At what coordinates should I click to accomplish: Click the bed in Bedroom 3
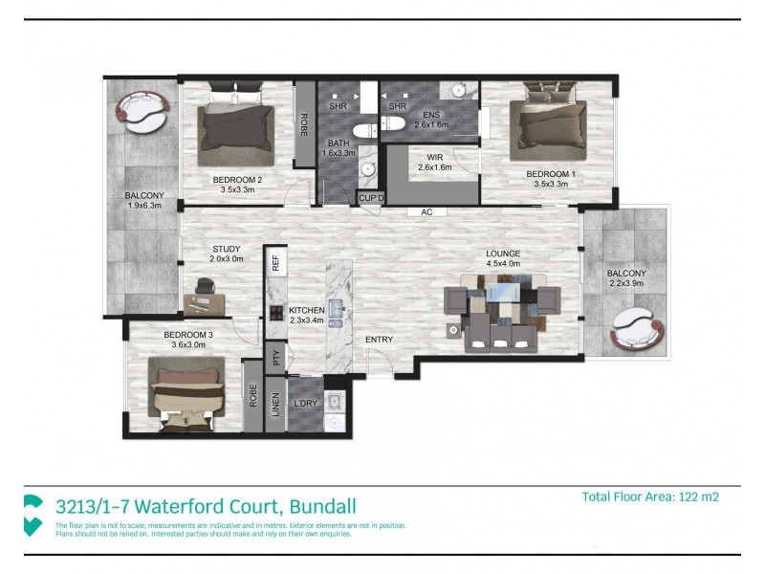pyautogui.click(x=187, y=392)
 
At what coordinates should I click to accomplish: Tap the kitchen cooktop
pyautogui.click(x=275, y=312)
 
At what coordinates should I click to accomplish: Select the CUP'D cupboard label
pyautogui.click(x=370, y=198)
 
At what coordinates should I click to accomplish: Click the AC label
pyautogui.click(x=414, y=212)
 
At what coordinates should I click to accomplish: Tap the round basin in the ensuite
pyautogui.click(x=459, y=91)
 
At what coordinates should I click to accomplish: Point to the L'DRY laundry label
pyautogui.click(x=305, y=403)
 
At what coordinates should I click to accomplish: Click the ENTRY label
pyautogui.click(x=379, y=340)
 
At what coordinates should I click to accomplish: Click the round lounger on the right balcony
pyautogui.click(x=635, y=329)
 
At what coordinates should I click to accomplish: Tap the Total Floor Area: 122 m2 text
pyautogui.click(x=649, y=497)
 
